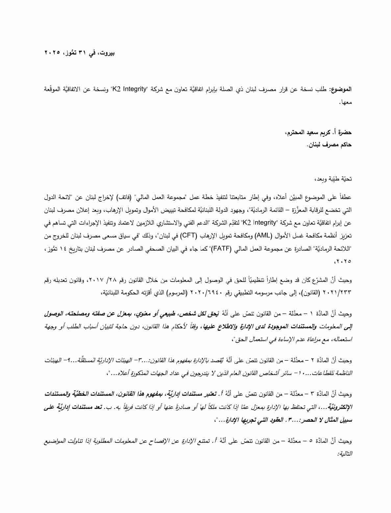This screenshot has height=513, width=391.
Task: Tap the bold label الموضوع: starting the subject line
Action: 342,89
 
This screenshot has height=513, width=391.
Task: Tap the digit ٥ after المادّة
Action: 311,441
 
